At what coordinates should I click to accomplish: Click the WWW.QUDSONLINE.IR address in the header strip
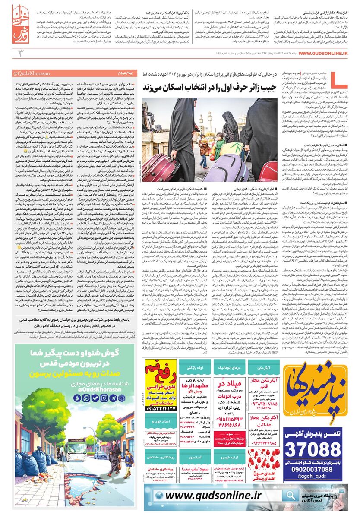click(x=323, y=53)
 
